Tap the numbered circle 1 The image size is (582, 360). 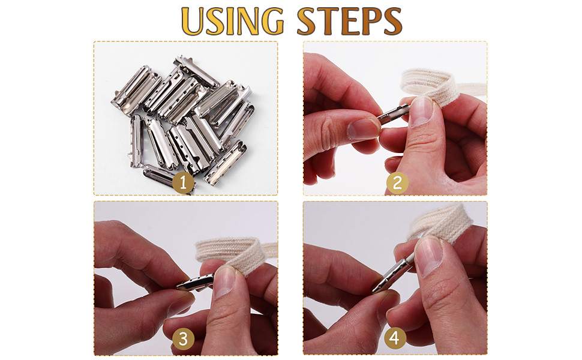(x=184, y=183)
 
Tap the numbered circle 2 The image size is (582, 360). (x=396, y=183)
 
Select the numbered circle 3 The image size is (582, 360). (x=184, y=340)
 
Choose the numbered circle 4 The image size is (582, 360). (x=394, y=339)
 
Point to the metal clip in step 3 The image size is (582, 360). (x=196, y=281)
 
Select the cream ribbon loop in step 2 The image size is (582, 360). (x=432, y=84)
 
